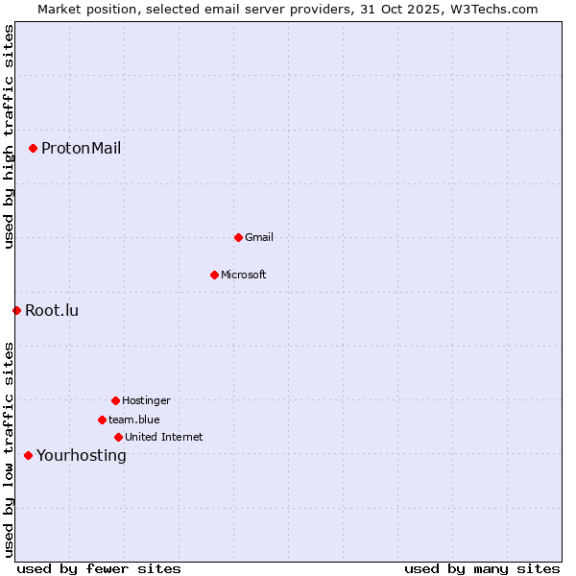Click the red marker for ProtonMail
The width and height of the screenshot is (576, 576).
coord(33,148)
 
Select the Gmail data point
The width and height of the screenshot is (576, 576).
coord(238,237)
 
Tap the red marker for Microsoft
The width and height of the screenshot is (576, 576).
coord(214,275)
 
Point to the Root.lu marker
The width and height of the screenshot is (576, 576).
coord(16,310)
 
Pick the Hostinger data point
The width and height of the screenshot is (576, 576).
coord(115,400)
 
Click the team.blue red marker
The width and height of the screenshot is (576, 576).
coord(102,420)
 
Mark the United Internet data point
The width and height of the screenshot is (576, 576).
coord(118,437)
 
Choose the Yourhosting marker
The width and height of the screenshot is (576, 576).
coord(28,455)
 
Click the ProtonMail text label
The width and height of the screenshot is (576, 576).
coord(81,148)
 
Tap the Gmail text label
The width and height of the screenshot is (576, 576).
coord(259,237)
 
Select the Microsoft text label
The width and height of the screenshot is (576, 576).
coord(243,275)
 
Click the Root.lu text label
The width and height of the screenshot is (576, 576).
coord(52,310)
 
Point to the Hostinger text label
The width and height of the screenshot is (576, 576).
coord(146,400)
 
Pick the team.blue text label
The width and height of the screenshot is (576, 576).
coord(133,420)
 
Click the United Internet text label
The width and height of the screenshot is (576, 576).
coord(163,437)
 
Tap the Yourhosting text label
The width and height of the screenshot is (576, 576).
coord(81,455)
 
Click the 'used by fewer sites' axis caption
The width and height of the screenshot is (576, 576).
coord(99,568)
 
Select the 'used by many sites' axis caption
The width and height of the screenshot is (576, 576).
coord(482,568)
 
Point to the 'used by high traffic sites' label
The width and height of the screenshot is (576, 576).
coord(9,136)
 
